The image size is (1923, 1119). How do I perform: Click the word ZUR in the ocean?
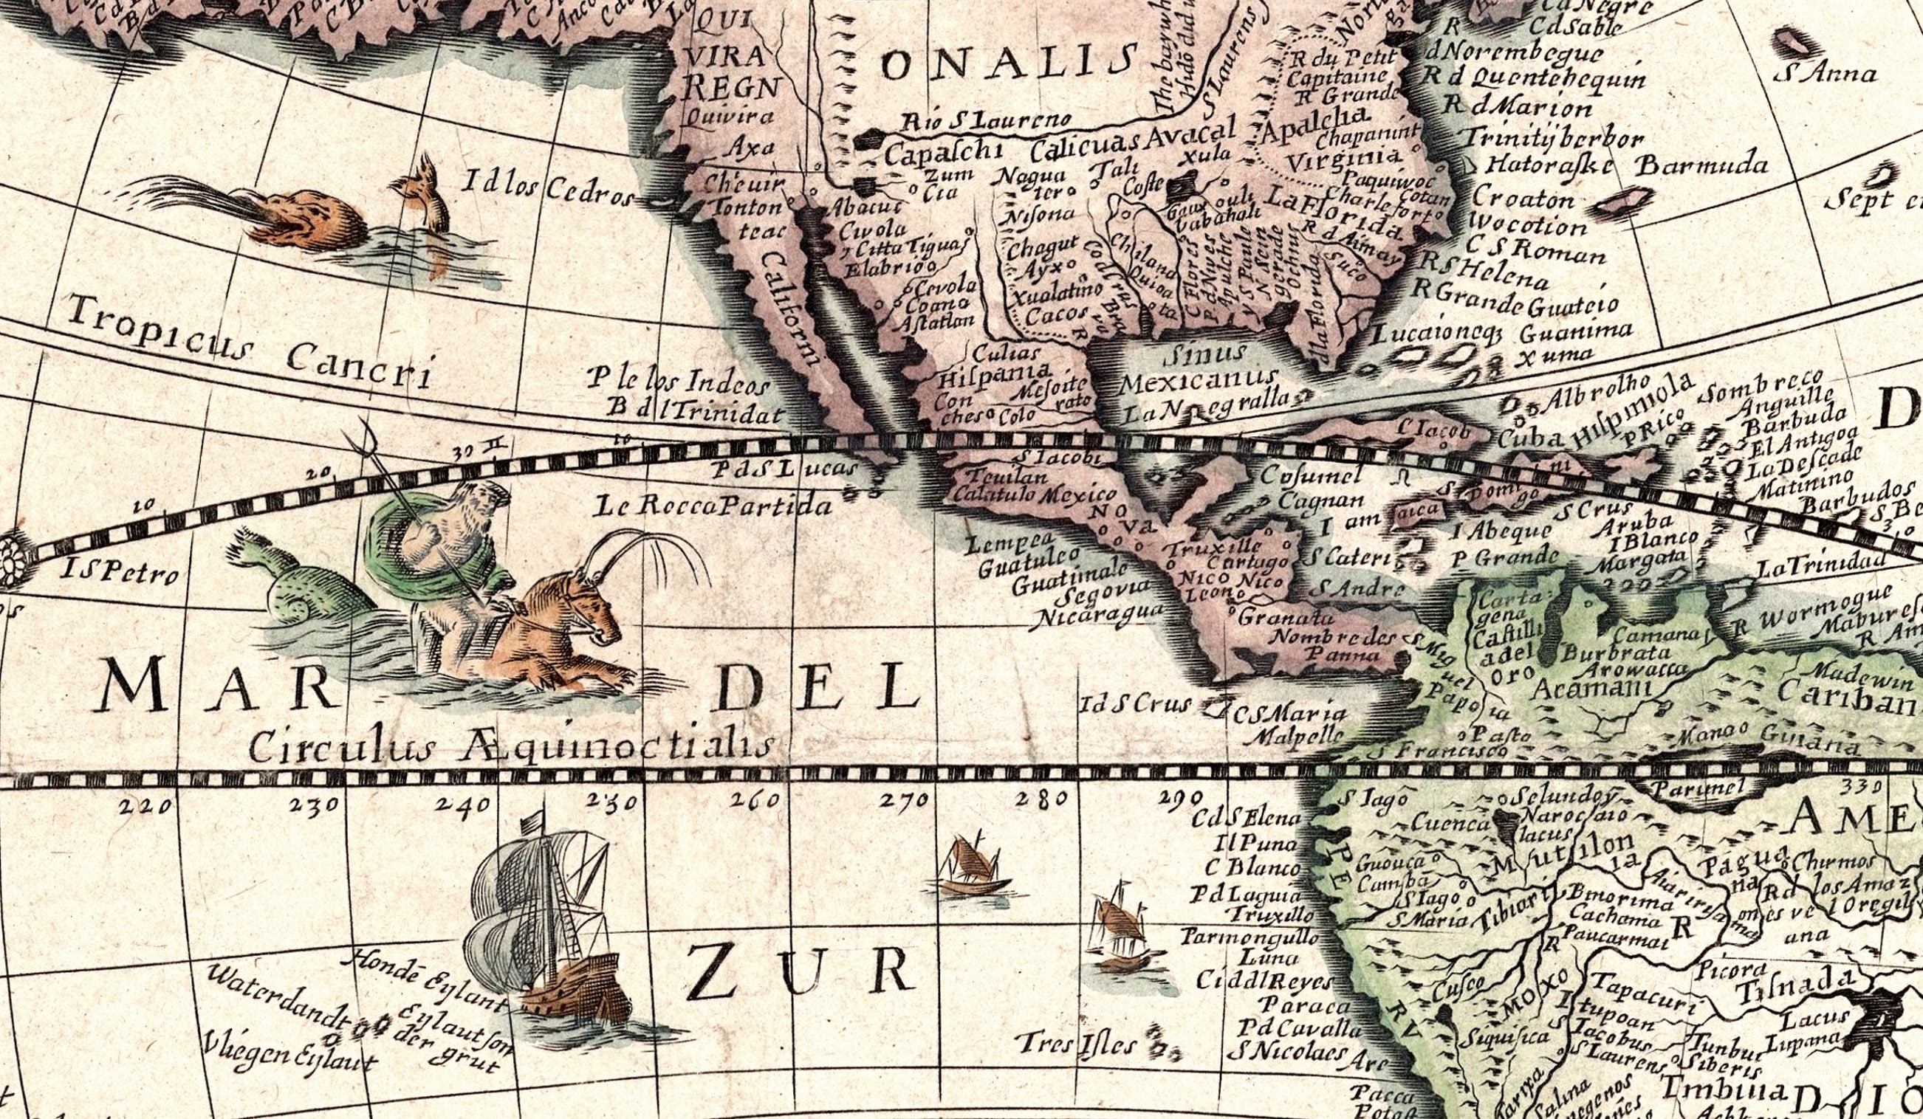click(x=798, y=973)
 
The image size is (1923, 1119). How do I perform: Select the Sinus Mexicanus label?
click(x=1198, y=366)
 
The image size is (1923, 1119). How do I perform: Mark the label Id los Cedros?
click(x=548, y=187)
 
